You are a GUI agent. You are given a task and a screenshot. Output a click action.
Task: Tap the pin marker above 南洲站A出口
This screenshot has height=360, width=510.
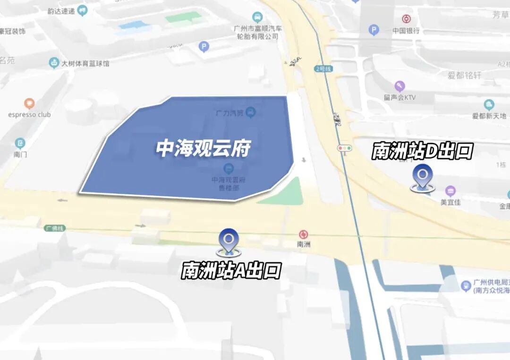pos(229,241)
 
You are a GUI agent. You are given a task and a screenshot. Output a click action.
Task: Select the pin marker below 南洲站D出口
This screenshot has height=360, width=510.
pos(422,177)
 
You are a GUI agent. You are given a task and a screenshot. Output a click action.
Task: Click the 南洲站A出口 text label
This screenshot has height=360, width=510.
pos(231,270)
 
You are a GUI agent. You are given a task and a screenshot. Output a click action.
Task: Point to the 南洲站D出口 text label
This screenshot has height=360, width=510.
pos(422,151)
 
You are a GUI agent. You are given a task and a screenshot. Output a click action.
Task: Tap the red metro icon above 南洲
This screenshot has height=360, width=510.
pos(303,234)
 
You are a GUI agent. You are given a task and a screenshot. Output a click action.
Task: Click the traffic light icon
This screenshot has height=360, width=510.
pos(345,148)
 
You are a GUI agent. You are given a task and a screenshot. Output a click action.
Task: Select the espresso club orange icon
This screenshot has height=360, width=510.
pos(29,103)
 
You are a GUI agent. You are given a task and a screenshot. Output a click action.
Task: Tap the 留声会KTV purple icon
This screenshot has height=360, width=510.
pos(400,86)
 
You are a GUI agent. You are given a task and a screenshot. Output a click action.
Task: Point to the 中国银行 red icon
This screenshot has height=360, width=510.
pos(406,19)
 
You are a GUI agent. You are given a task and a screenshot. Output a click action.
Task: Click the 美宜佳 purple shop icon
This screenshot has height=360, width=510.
pos(450,191)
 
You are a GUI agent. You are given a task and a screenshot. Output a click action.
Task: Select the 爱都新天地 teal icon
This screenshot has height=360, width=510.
pos(489,104)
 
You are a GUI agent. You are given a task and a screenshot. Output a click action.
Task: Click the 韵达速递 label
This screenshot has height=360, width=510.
pos(61,11)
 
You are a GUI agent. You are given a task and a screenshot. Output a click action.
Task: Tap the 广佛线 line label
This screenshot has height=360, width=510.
pos(55,228)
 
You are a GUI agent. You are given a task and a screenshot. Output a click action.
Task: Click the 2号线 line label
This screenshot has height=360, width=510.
pos(323,69)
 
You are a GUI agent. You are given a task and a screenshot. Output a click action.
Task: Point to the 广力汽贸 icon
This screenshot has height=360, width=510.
pos(251,112)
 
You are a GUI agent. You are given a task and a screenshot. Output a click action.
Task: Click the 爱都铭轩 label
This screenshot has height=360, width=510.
pos(465,75)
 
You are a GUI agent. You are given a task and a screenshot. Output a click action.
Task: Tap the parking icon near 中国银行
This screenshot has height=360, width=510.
pos(374,31)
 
